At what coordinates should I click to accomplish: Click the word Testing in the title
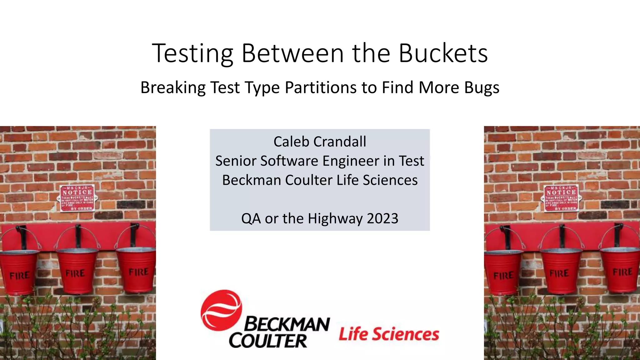[192, 54]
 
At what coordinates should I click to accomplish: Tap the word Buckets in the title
[443, 53]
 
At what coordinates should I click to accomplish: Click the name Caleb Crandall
[320, 142]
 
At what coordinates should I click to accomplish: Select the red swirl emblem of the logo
[221, 310]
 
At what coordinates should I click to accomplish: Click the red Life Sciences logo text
[389, 334]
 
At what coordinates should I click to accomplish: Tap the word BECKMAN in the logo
[287, 324]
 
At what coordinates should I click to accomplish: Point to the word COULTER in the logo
[268, 341]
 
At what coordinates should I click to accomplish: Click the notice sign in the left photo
[77, 198]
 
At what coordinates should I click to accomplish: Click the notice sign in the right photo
[561, 198]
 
